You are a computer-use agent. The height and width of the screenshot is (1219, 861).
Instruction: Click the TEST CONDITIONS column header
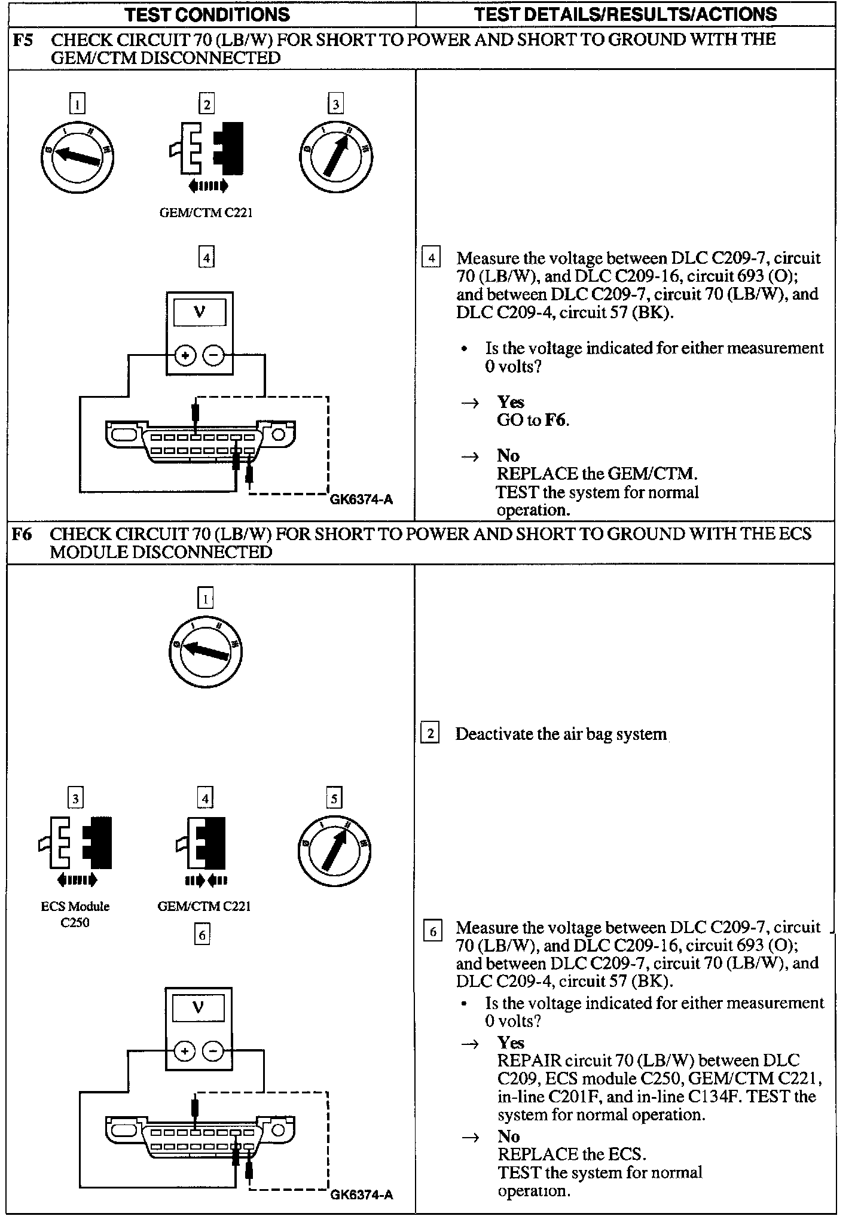(207, 14)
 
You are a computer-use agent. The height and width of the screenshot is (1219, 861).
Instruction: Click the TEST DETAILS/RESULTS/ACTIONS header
(625, 14)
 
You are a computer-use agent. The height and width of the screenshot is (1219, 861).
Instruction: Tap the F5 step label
(23, 40)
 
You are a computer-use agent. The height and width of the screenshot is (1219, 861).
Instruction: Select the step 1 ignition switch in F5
(77, 157)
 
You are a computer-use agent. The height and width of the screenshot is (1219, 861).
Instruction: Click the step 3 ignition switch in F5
(335, 157)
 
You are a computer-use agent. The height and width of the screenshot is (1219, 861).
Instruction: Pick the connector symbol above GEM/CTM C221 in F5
(206, 149)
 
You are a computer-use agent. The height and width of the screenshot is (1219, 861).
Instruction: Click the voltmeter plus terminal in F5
(185, 356)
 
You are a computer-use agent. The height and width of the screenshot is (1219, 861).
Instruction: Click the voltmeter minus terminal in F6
(213, 1051)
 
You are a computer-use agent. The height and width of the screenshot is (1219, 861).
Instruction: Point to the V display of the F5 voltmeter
(200, 312)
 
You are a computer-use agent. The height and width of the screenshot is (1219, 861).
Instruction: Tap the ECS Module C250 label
(75, 914)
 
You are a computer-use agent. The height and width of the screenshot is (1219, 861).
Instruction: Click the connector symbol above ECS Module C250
(76, 843)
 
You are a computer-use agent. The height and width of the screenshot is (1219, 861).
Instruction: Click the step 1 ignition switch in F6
(205, 650)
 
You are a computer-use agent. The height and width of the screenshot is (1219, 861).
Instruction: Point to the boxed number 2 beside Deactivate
(430, 733)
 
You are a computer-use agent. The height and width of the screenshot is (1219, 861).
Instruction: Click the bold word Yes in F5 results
(510, 402)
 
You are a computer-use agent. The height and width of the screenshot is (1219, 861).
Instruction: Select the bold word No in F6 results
(509, 1136)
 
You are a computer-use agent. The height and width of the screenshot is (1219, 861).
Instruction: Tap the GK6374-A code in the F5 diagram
(361, 499)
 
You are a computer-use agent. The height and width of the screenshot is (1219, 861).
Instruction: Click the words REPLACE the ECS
(571, 1154)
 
